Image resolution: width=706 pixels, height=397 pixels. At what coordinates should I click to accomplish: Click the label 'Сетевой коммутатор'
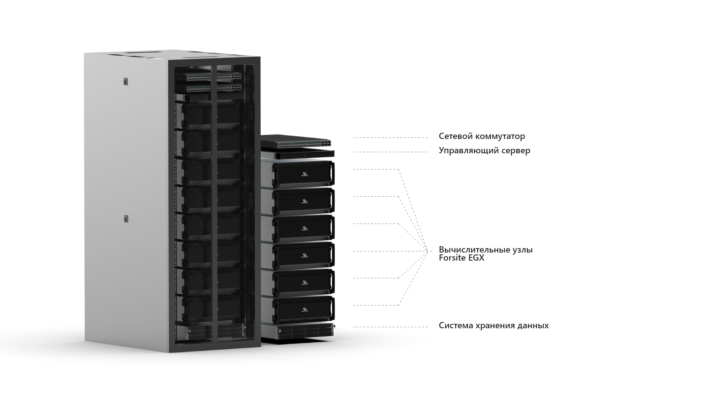tap(482, 136)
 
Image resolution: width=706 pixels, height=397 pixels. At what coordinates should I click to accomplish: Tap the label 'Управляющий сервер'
tap(484, 151)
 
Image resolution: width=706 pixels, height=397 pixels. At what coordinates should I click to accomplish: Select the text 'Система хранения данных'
tap(493, 325)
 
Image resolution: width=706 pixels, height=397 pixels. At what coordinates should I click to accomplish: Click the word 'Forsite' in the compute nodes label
tap(452, 258)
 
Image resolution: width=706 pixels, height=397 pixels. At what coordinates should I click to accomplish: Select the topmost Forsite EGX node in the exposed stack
tap(303, 174)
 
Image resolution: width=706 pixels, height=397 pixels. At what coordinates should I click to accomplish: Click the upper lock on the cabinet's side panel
tap(125, 81)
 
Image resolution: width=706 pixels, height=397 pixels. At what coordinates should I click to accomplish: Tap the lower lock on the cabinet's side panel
tap(125, 219)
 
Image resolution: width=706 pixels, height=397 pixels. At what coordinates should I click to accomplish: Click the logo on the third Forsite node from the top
tap(304, 228)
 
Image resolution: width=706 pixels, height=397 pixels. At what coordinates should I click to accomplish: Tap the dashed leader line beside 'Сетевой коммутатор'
tap(390, 138)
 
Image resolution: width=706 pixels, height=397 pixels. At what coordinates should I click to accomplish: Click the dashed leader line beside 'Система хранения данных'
tap(390, 327)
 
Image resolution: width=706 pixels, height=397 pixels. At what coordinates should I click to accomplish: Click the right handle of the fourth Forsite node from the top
tap(332, 254)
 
